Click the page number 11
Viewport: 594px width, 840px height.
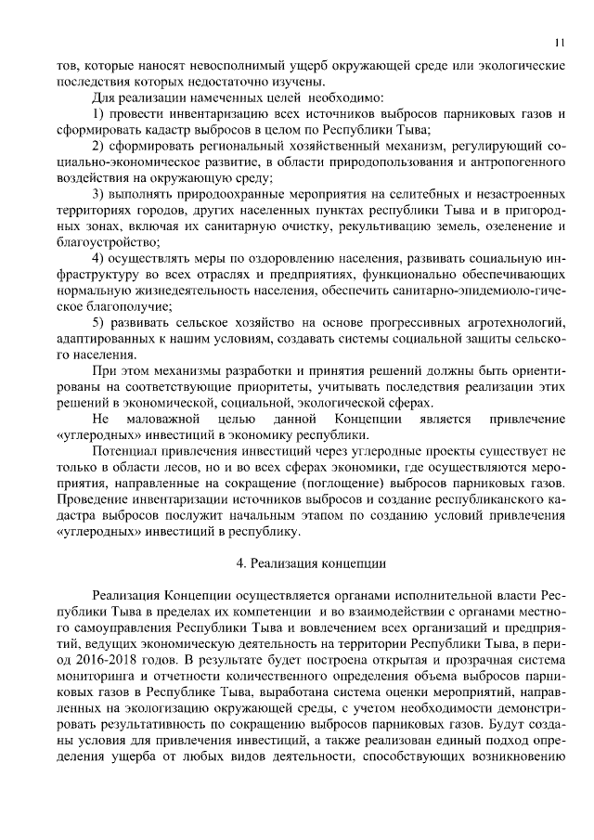[559, 42]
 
